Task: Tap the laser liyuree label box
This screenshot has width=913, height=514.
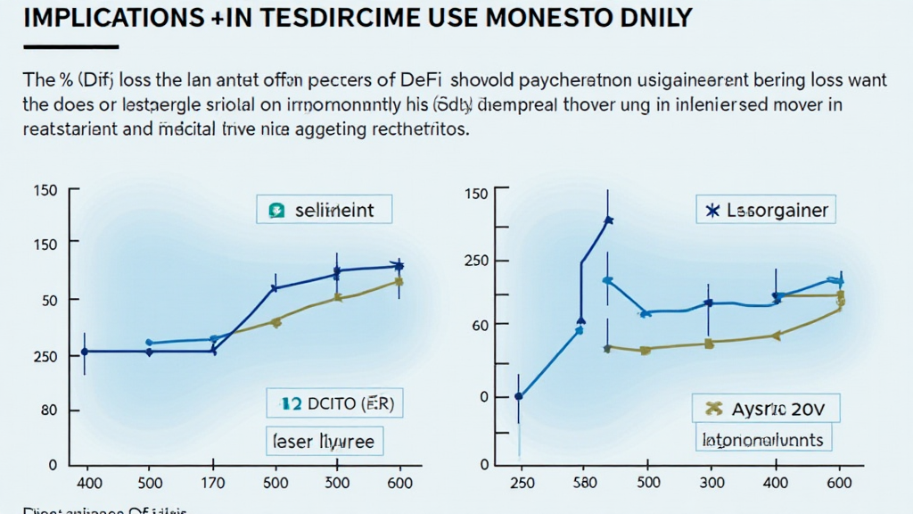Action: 324,440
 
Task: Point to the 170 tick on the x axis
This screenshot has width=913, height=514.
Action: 213,483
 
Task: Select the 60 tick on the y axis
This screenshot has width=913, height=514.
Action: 480,324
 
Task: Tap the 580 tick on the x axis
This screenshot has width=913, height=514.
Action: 580,483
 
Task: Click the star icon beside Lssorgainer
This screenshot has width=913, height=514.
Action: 711,211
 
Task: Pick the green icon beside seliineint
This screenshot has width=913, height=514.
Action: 276,211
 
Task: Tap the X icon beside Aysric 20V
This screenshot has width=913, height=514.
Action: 712,410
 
